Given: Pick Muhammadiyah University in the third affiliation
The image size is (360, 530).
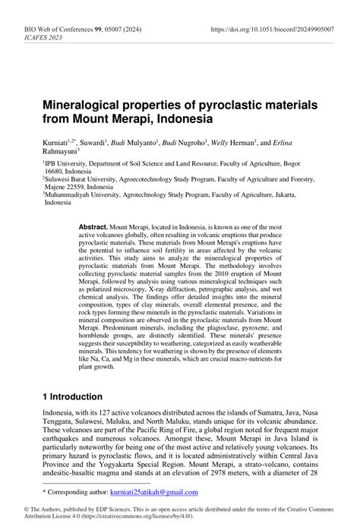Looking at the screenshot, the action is tap(85, 203).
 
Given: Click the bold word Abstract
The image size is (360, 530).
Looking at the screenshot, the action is tap(93, 228).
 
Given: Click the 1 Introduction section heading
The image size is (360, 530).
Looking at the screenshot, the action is tap(72, 396).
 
